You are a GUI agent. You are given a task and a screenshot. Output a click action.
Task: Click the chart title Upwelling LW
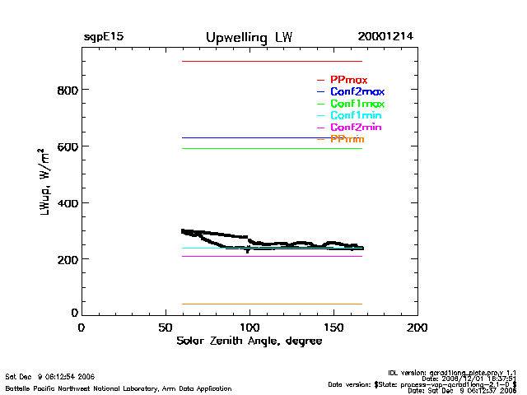(249, 38)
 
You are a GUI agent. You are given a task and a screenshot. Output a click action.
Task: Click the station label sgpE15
(103, 38)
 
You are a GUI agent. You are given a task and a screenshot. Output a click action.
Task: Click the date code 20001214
(385, 37)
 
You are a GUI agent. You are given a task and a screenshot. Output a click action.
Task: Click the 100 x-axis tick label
(250, 328)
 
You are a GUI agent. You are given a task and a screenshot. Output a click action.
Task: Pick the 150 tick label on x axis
(333, 328)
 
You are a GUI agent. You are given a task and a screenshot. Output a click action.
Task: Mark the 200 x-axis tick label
(417, 328)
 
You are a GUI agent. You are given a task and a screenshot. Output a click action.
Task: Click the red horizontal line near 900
(272, 61)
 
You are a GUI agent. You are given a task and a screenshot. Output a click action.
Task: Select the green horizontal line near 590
(272, 148)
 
